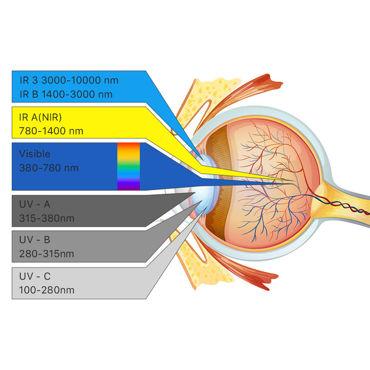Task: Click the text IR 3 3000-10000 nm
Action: click(x=68, y=81)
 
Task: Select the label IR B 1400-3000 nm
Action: click(x=65, y=94)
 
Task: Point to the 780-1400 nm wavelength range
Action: click(x=51, y=131)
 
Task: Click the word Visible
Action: click(x=35, y=154)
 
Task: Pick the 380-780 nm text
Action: click(x=49, y=168)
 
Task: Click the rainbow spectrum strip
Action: click(x=128, y=166)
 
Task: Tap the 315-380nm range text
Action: click(x=47, y=218)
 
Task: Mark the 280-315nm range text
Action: click(x=47, y=254)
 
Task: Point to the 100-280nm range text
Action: click(x=47, y=290)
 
